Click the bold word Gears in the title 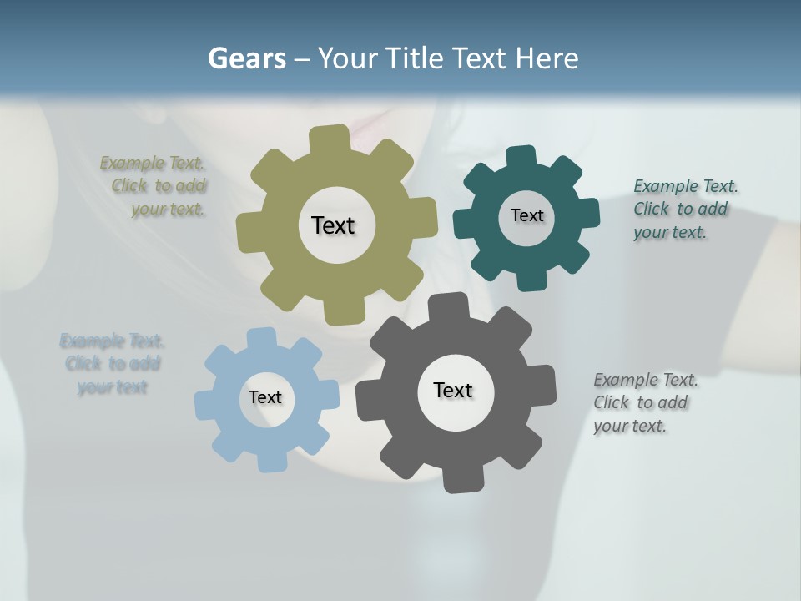tap(246, 58)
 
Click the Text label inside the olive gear tap(333, 225)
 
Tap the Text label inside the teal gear tap(526, 215)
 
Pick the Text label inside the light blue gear tap(265, 397)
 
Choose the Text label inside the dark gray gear tap(453, 390)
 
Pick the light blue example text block tap(113, 364)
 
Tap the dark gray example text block tap(644, 402)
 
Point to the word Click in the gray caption tap(612, 402)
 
